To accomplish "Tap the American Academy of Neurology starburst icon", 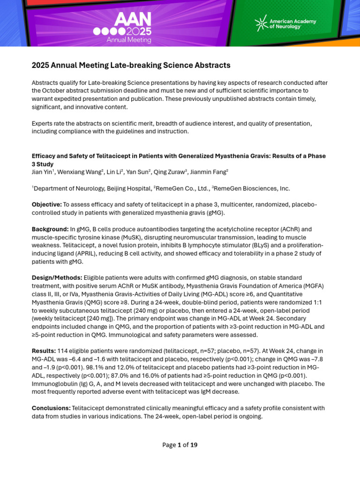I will pos(261,23).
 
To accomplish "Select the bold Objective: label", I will pos(46,204).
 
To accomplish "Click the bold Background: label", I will pos(50,229).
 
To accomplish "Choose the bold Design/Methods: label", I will pos(57,278).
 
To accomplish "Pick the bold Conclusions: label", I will pos(51,408).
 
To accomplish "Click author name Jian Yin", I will pos(42,172).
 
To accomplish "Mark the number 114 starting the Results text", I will pos(63,351).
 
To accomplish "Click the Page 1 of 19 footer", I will pos(180,445).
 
